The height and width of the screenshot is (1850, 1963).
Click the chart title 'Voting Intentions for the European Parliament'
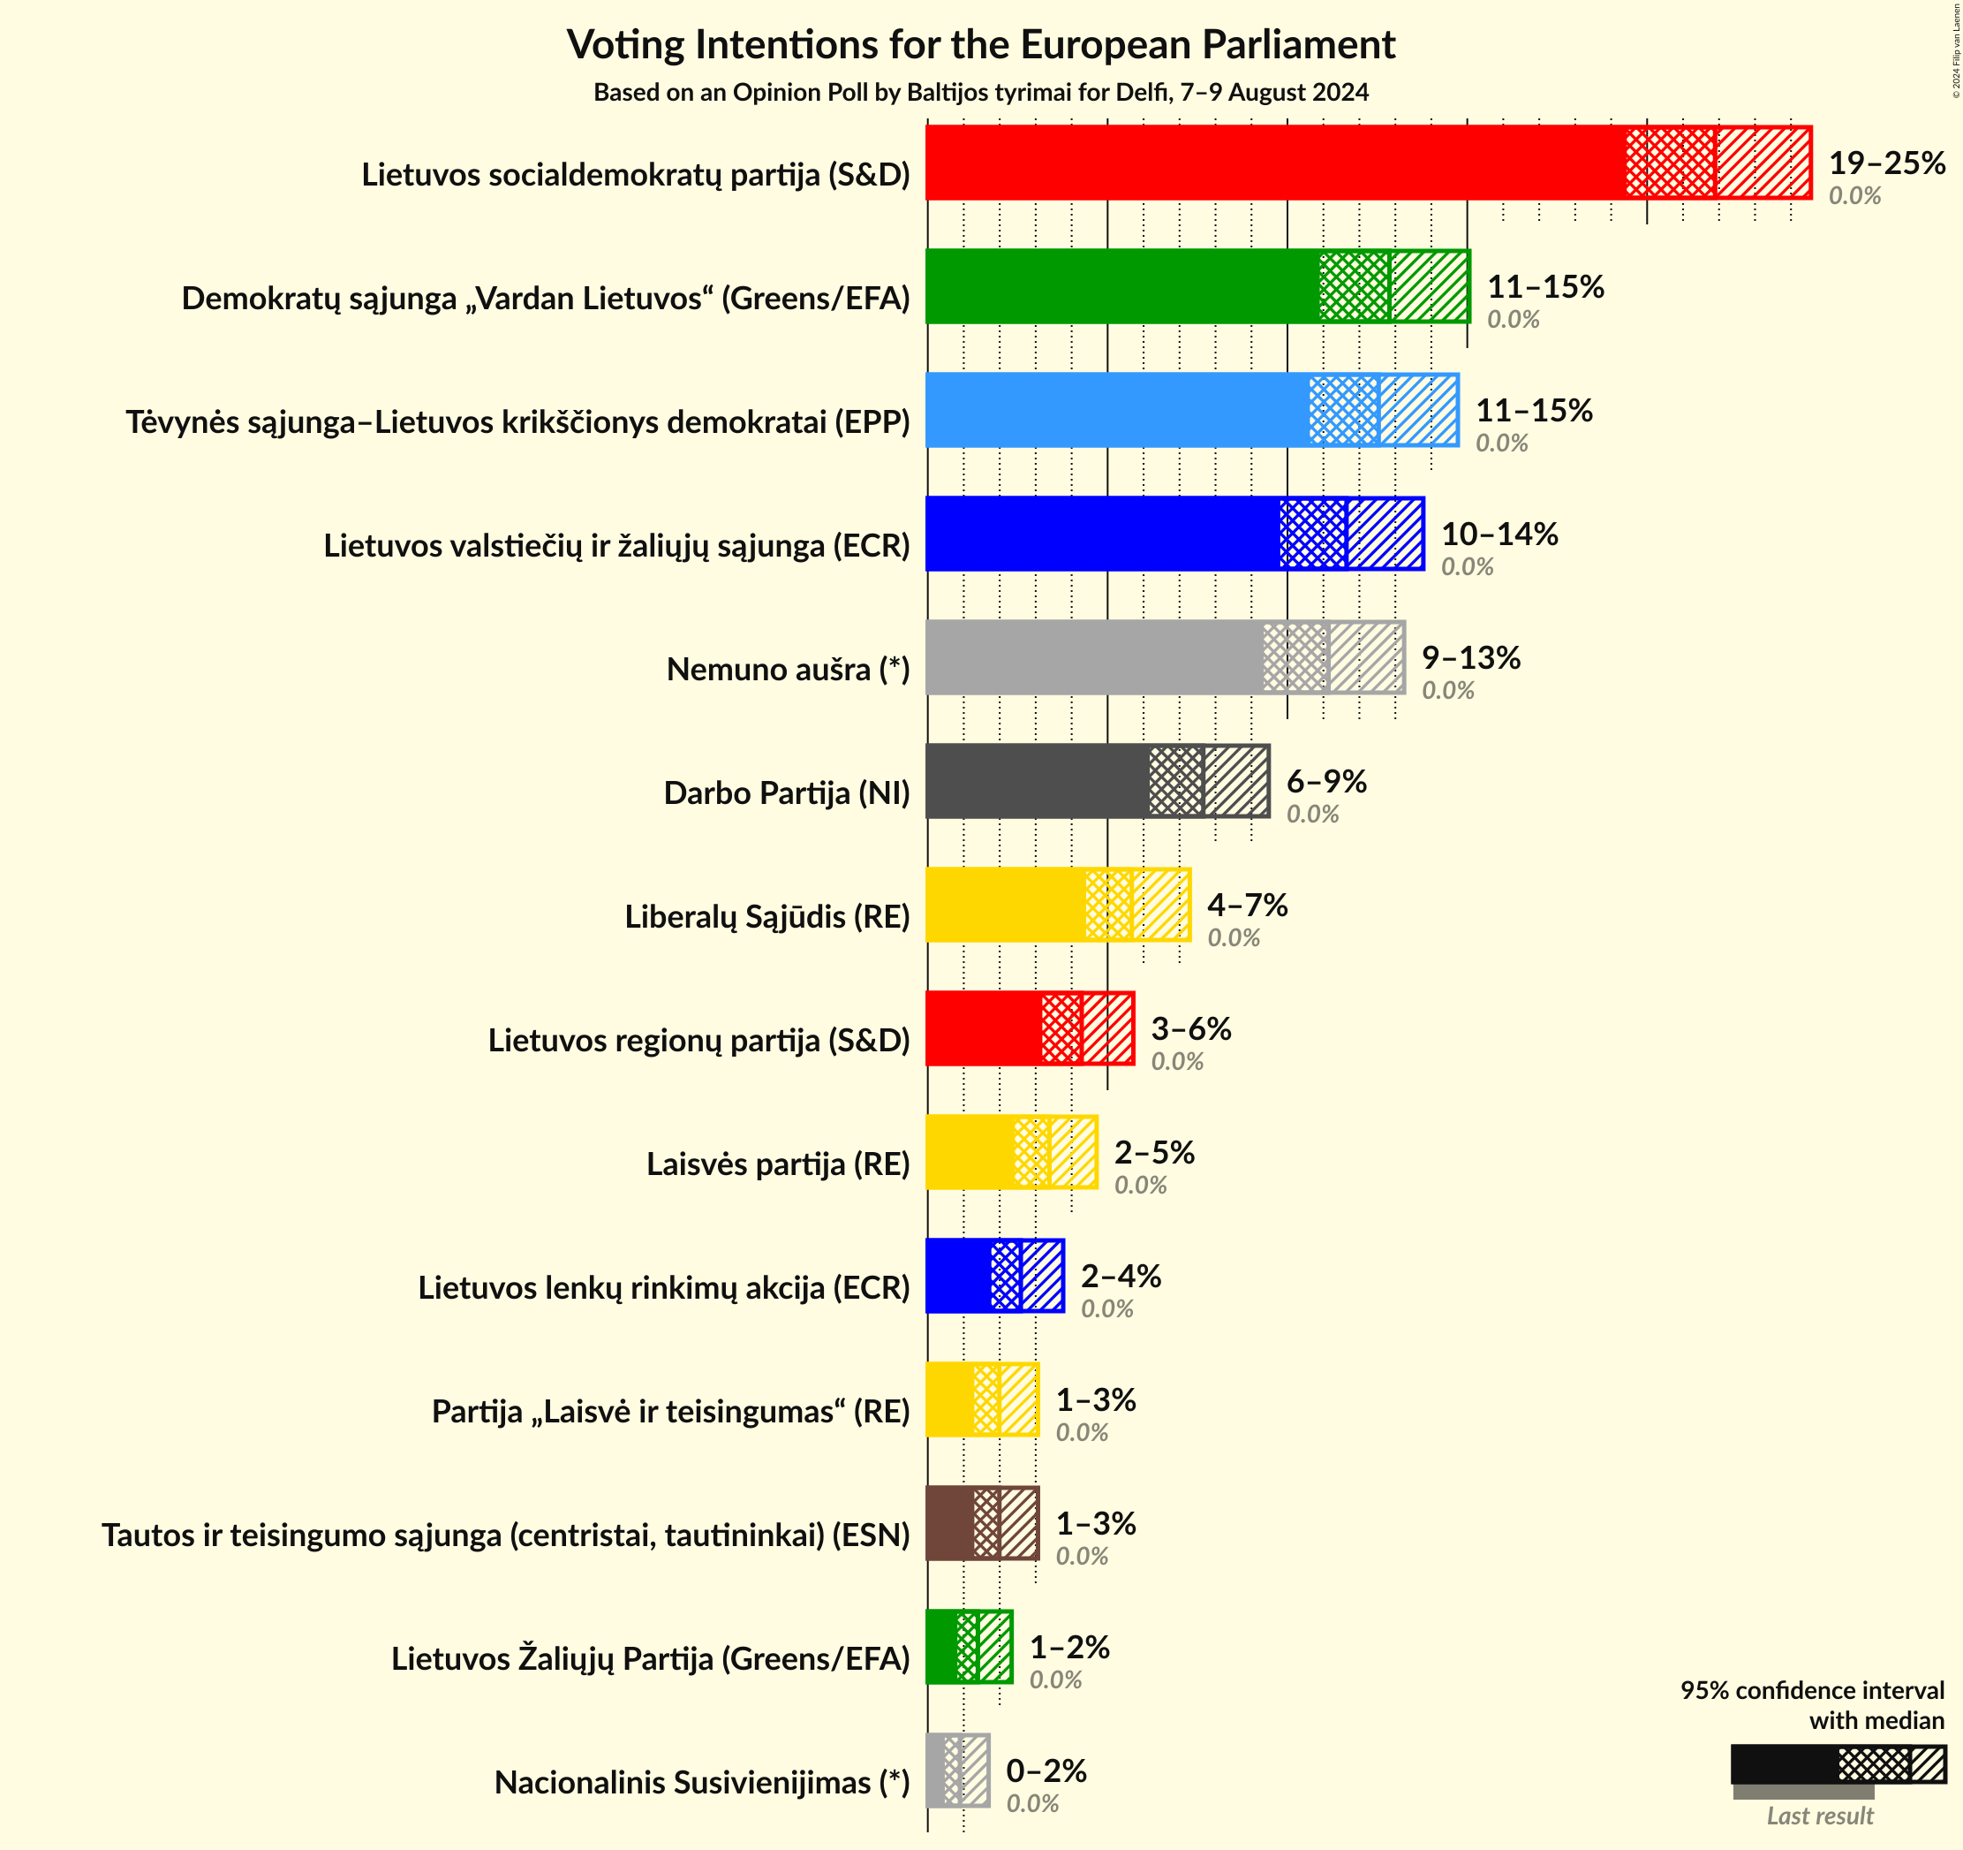pos(980,45)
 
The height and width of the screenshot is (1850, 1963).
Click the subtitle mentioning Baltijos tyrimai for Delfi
pos(980,93)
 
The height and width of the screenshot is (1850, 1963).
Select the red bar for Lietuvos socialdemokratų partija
pos(1273,163)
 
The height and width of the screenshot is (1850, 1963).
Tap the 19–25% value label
pos(1886,163)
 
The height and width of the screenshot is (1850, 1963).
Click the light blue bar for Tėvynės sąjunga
pos(1116,410)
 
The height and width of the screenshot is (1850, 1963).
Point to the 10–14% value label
pos(1499,535)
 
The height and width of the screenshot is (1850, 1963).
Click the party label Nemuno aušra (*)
pos(788,670)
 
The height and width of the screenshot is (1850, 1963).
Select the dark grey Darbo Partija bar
pos(1037,781)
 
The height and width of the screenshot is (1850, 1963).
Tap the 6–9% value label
pos(1326,781)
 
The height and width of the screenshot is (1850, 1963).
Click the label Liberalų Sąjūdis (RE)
pos(767,916)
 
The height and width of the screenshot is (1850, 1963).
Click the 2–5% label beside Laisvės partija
pos(1154,1153)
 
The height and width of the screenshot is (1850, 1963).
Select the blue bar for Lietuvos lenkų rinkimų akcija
pos(958,1276)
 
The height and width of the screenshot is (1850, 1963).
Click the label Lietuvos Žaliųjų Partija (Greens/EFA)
pos(651,1658)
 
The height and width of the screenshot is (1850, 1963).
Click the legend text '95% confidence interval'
pos(1812,1690)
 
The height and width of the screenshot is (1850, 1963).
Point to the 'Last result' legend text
pos(1819,1816)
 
